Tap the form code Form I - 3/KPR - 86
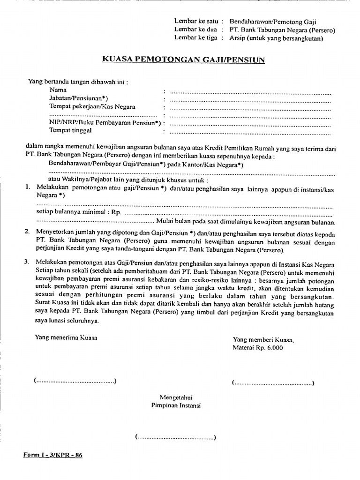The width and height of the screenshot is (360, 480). point(53,455)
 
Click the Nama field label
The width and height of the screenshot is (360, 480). point(58,90)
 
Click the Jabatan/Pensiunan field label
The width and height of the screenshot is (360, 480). point(79,98)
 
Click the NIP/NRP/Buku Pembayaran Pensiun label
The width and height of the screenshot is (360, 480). point(105,123)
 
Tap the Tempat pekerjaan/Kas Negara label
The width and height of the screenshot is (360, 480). point(92,106)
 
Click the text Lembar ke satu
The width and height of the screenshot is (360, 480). point(196,21)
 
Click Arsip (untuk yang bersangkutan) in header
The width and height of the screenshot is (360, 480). point(277,38)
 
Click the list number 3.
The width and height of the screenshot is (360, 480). point(28,260)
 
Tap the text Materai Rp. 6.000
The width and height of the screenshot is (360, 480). point(258,348)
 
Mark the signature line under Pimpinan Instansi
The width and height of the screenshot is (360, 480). point(175,438)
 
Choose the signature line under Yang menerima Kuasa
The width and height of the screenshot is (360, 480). point(75,381)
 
